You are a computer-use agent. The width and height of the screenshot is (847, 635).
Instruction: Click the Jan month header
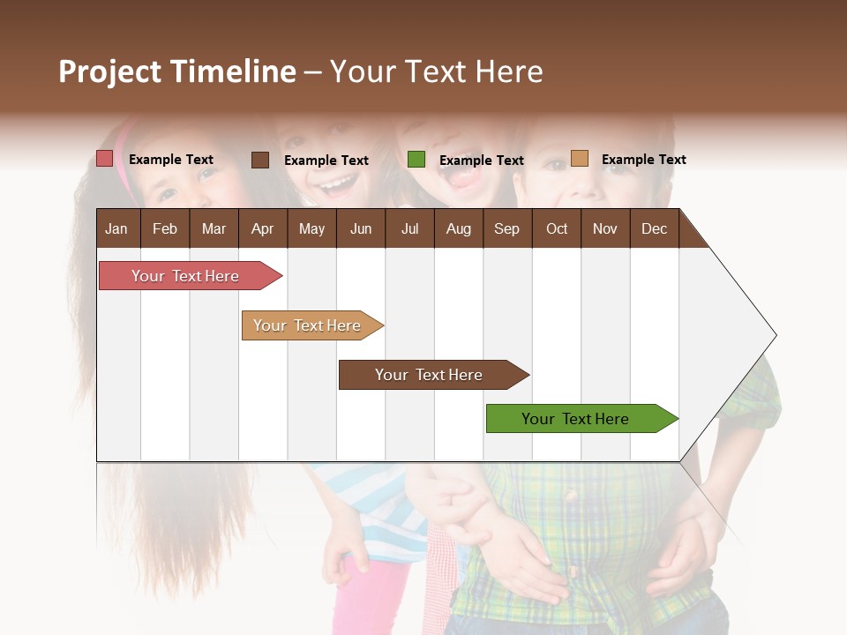116,229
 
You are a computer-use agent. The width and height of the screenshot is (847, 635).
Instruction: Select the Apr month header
263,229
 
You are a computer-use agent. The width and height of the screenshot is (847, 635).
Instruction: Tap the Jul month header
409,229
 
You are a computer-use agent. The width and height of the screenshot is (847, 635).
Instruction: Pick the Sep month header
506,229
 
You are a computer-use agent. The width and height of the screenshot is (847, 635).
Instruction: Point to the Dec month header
654,229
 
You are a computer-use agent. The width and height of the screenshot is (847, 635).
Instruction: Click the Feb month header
165,229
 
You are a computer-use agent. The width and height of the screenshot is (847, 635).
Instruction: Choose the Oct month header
557,229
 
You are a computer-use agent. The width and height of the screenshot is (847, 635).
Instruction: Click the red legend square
105,159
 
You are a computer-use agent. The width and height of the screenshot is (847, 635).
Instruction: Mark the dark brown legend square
260,160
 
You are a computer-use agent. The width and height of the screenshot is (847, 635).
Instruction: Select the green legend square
416,160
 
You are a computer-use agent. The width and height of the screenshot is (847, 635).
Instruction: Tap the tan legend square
580,159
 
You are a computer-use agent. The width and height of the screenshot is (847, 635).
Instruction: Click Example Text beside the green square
481,161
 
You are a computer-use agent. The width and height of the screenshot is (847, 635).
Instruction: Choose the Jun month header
361,229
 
